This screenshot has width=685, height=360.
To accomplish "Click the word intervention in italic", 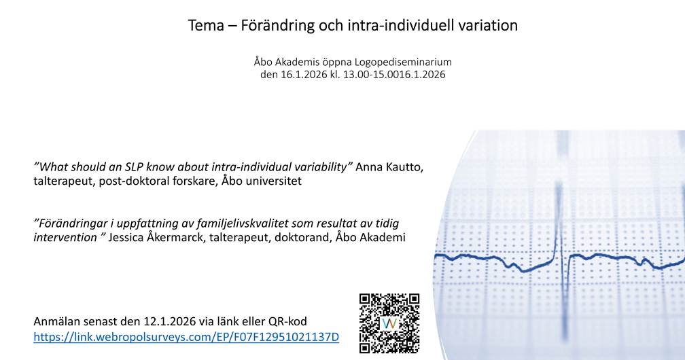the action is point(65,237).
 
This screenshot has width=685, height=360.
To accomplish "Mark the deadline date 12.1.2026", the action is point(169,321).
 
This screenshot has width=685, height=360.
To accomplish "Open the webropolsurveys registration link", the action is point(186,338).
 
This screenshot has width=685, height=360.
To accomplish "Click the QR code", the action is point(389,323).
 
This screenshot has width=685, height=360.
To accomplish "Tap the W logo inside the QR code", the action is point(389,324).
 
